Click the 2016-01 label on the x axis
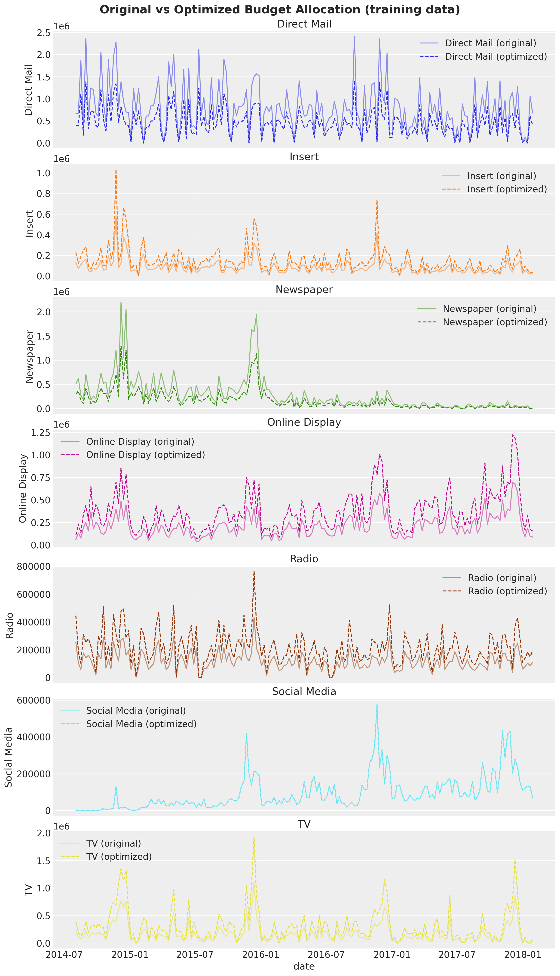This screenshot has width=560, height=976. [261, 955]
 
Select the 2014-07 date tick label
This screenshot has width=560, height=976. [64, 955]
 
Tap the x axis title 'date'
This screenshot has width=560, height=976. [304, 966]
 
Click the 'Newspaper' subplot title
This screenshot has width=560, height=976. [304, 290]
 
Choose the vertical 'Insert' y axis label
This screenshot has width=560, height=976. [29, 223]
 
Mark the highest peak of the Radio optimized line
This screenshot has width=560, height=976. [254, 572]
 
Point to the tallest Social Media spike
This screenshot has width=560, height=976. [377, 704]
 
